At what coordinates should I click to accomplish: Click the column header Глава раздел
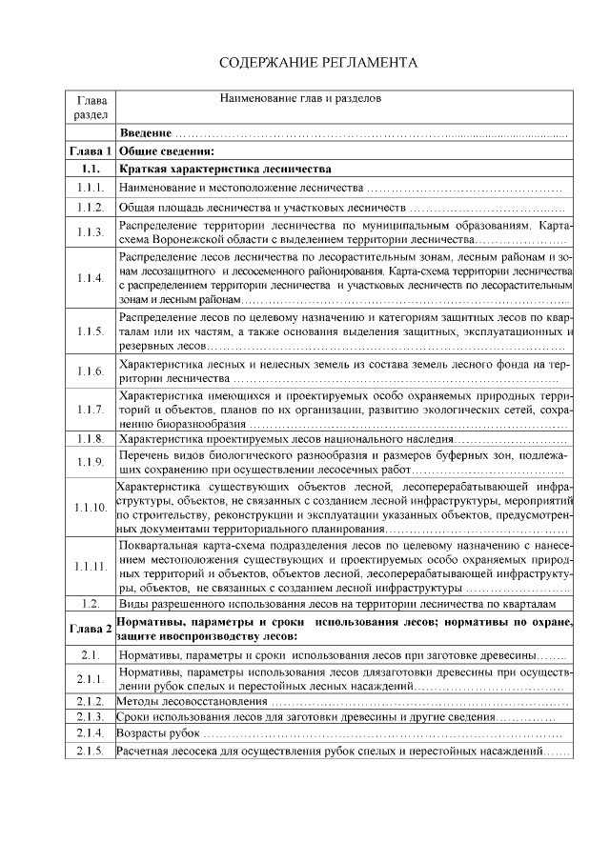[91, 107]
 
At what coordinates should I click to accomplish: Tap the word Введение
[146, 132]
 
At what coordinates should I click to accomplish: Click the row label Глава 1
[91, 150]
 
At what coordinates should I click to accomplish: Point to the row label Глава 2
[91, 629]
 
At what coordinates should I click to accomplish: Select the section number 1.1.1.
[91, 187]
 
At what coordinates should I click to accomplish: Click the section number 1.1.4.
[91, 278]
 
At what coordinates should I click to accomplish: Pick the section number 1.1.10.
[91, 507]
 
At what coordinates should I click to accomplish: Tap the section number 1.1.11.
[91, 567]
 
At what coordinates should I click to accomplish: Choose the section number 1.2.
[91, 604]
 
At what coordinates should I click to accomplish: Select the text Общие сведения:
[165, 150]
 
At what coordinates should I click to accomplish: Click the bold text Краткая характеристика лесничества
[224, 168]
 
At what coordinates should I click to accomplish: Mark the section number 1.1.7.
[91, 409]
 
